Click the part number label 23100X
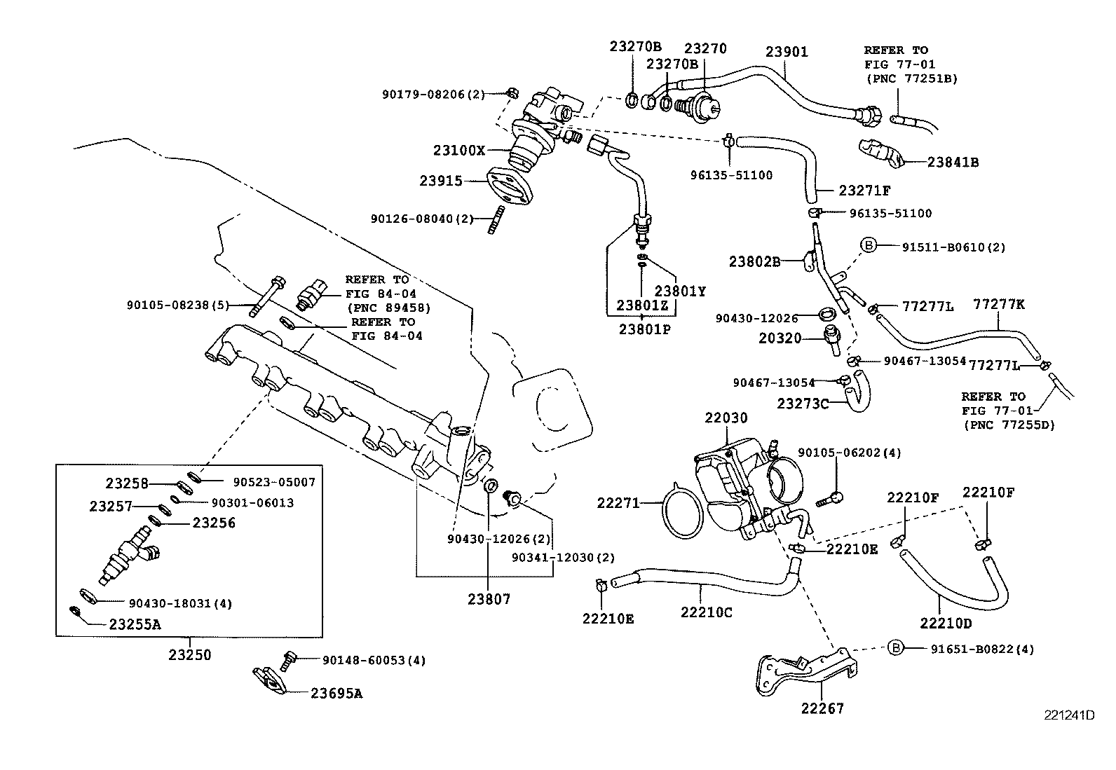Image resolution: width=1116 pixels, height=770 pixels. pos(459,151)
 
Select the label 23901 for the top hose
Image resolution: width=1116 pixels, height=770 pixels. pos(786,52)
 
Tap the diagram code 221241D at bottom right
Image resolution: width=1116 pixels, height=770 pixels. pos(1069,715)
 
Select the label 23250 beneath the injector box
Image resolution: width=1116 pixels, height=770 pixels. pos(189,656)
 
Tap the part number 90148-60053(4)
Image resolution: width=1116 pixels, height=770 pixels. pos(374,660)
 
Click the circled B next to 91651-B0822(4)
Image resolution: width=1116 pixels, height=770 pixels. pos(895,648)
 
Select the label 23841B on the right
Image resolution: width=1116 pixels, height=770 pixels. pos(953,163)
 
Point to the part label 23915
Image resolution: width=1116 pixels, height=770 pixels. pos(441,181)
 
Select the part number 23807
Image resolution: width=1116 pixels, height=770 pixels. pos(489,600)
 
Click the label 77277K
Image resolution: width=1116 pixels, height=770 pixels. pos(999,304)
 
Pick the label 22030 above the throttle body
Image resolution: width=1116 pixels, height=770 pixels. pos(726,418)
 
